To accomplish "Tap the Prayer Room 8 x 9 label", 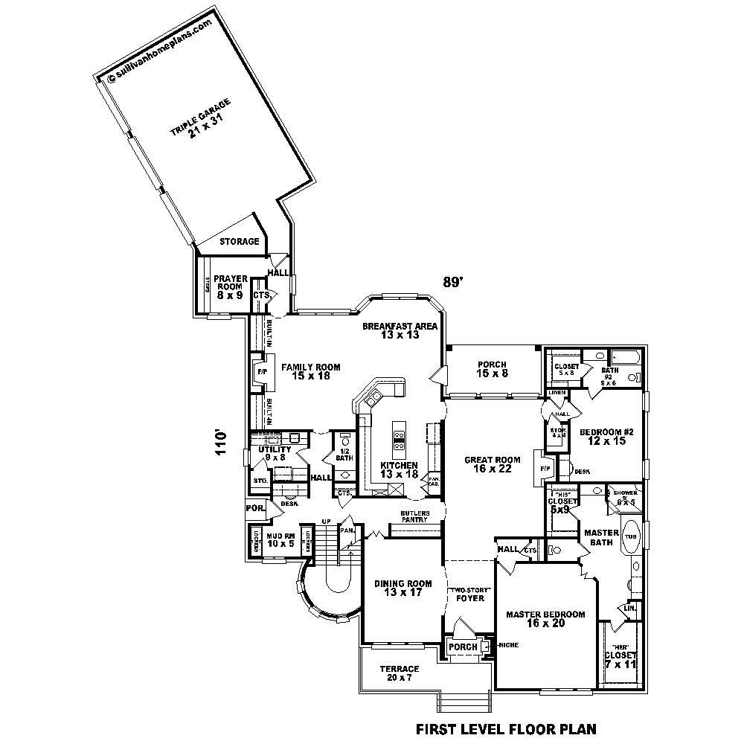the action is [x=231, y=287].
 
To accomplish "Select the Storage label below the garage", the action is [x=239, y=242].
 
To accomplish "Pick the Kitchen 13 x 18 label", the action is [x=399, y=469].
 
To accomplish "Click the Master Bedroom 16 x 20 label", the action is [x=546, y=619].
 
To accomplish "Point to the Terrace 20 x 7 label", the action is [x=400, y=673].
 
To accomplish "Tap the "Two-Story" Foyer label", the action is [x=469, y=593].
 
